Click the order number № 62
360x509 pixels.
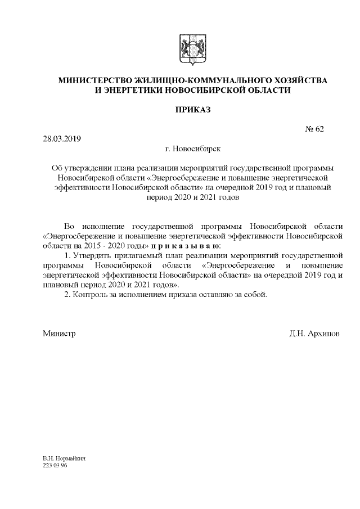(314, 128)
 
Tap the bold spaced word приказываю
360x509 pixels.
(186, 246)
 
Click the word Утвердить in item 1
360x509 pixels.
(90, 256)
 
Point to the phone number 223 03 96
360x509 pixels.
(55, 466)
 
